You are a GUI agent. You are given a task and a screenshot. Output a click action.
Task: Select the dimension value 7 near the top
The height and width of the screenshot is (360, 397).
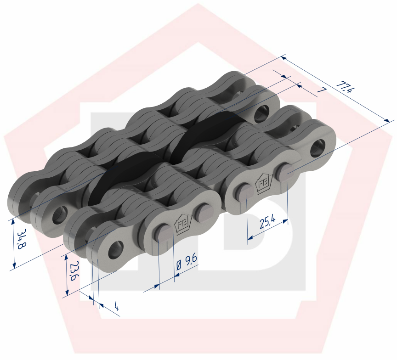pos(321,91)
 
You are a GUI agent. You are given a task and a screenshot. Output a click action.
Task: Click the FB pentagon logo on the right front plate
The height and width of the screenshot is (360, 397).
pos(264,185)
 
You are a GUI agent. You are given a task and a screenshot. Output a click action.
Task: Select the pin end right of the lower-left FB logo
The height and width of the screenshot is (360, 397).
pos(202,212)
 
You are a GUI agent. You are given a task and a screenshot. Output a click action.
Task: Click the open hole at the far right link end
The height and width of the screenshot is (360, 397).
pos(317,150)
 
